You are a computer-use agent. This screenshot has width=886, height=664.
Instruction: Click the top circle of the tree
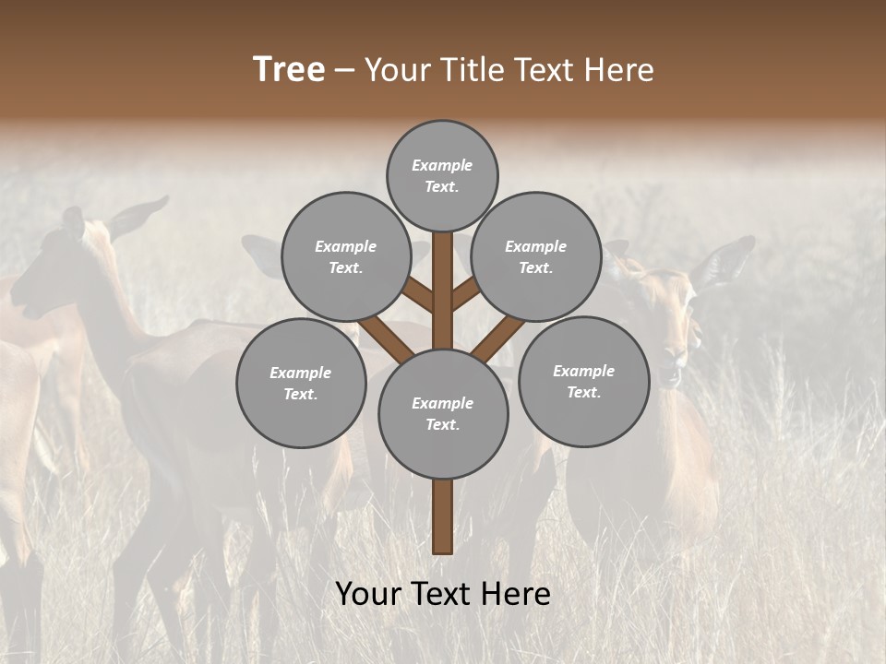(x=442, y=175)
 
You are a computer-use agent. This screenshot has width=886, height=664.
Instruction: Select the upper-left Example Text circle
(x=345, y=256)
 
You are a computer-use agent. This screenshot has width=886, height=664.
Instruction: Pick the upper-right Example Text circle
(x=535, y=256)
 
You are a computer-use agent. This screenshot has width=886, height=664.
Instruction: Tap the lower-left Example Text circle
(x=300, y=383)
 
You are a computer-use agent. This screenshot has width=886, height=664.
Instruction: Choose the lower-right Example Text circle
(x=583, y=381)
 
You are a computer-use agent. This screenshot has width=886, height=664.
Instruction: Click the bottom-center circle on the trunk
(x=442, y=413)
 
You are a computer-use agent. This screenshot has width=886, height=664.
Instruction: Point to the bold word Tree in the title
(x=289, y=69)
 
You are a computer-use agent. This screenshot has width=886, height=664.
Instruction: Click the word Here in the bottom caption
(x=517, y=593)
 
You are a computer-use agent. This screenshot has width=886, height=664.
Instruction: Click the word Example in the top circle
(x=442, y=165)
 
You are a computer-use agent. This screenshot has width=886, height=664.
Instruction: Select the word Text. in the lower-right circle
(x=583, y=392)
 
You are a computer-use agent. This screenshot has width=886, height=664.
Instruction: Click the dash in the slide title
(x=344, y=70)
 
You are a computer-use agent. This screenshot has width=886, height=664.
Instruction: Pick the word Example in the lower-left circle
(x=300, y=373)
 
